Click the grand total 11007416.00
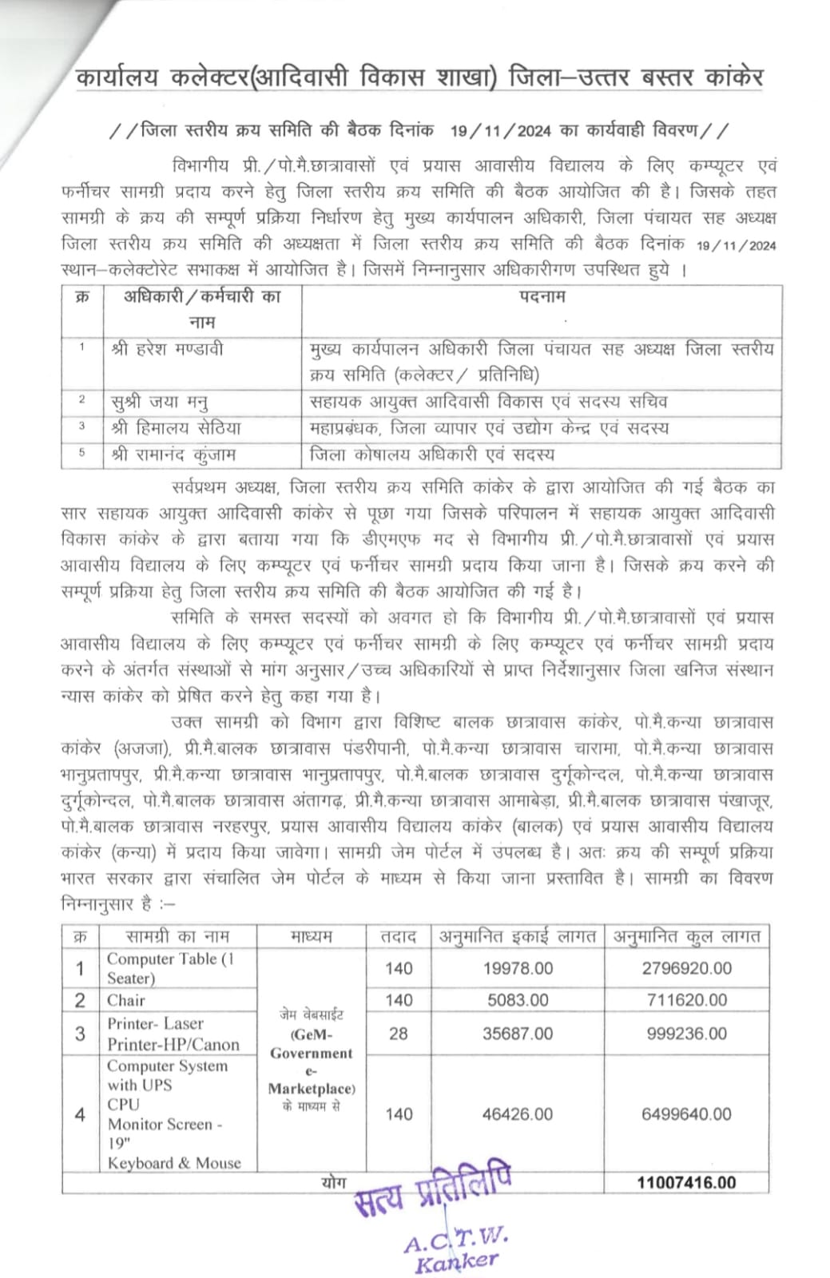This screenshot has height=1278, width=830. pyautogui.click(x=686, y=1182)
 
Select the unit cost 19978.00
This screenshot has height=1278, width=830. pyautogui.click(x=518, y=968)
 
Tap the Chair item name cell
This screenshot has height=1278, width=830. pyautogui.click(x=126, y=1000)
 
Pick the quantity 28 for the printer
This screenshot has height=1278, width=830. pyautogui.click(x=398, y=1034)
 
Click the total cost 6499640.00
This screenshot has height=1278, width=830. pyautogui.click(x=686, y=1114)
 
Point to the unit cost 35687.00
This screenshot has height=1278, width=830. pyautogui.click(x=518, y=1034)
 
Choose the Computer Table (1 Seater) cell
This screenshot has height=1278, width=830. pyautogui.click(x=170, y=968)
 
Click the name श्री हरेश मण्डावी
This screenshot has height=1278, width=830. pyautogui.click(x=168, y=349)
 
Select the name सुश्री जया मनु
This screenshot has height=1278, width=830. pyautogui.click(x=160, y=402)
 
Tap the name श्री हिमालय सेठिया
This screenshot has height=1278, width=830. pyautogui.click(x=176, y=428)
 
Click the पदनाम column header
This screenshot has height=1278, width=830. pyautogui.click(x=541, y=297)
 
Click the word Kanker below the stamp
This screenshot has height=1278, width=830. pyautogui.click(x=456, y=1262)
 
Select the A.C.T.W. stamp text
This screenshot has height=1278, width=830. pyautogui.click(x=455, y=1240)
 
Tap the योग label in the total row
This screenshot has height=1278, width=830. pyautogui.click(x=333, y=1181)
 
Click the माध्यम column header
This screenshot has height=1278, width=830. pyautogui.click(x=312, y=936)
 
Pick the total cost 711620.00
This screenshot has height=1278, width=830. pyautogui.click(x=686, y=1000)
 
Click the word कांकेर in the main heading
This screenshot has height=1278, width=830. pyautogui.click(x=724, y=77)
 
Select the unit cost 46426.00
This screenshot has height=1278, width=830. pyautogui.click(x=518, y=1114)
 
